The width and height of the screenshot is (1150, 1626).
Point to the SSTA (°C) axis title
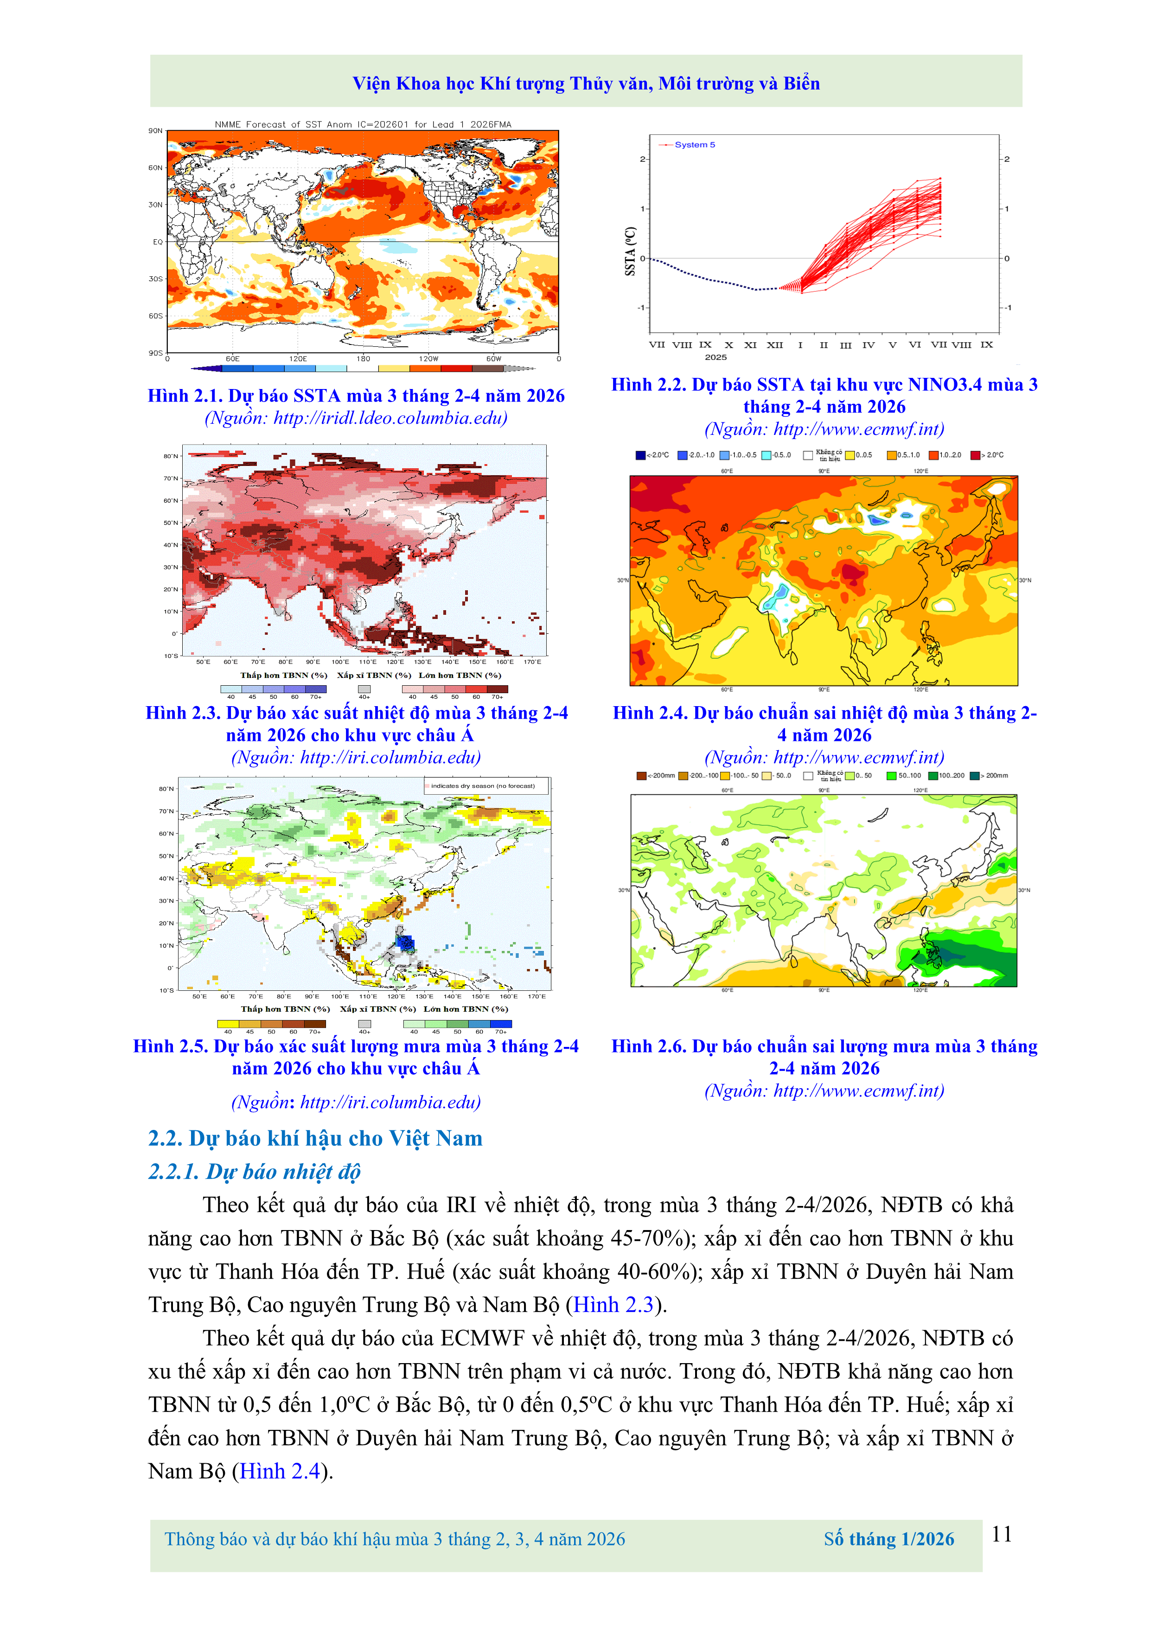pyautogui.click(x=630, y=251)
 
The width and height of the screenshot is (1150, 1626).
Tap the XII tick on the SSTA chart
pyautogui.click(x=775, y=345)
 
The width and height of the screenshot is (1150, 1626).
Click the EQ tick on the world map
pyautogui.click(x=157, y=242)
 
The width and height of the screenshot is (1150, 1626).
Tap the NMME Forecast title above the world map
pyautogui.click(x=363, y=124)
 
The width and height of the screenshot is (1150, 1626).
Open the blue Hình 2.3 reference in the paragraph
pyautogui.click(x=613, y=1304)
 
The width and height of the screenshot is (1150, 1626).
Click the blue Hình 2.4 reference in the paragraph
pyautogui.click(x=281, y=1471)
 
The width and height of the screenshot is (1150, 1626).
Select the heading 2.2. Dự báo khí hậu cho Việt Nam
pyautogui.click(x=315, y=1138)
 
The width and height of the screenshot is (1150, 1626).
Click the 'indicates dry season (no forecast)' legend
pyautogui.click(x=482, y=785)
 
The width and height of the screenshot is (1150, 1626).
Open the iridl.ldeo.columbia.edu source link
pyautogui.click(x=390, y=418)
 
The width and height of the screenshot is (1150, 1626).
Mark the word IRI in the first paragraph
pyautogui.click(x=460, y=1205)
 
